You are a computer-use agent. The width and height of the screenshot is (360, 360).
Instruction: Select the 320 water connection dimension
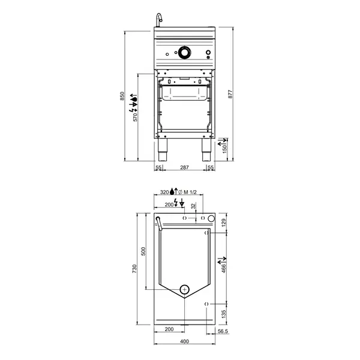point(165,192)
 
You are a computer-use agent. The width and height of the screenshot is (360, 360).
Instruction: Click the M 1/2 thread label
point(190,192)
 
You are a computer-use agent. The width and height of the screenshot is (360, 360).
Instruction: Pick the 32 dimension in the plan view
point(193,206)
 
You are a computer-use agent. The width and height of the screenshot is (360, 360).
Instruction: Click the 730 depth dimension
point(134,270)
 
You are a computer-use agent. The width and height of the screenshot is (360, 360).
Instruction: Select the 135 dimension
point(224,313)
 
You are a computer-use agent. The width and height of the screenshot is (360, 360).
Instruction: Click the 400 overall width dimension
point(184,342)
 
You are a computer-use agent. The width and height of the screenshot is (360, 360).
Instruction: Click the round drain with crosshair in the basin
point(185,289)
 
